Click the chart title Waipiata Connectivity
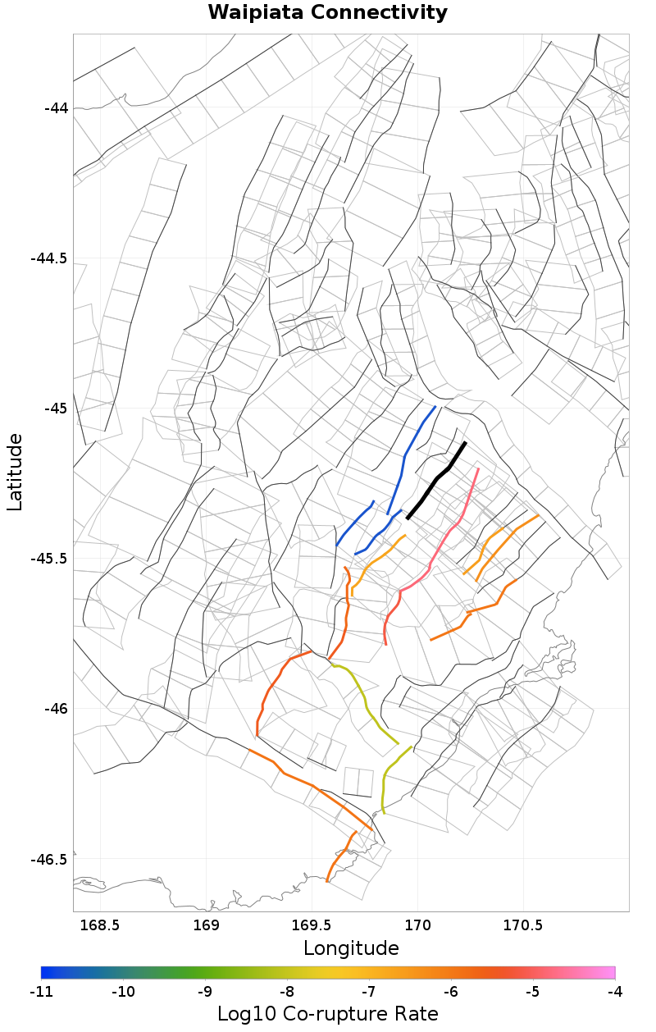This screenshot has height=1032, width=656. [327, 13]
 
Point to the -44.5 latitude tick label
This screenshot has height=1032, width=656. [49, 258]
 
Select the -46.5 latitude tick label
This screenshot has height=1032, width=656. [49, 859]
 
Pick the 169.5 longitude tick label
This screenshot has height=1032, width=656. [311, 925]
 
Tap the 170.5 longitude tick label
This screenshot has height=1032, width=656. [523, 925]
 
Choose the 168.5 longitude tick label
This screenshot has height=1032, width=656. [99, 925]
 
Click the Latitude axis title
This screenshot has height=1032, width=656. [16, 473]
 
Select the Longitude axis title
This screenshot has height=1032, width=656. [351, 949]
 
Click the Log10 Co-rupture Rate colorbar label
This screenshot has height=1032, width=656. [327, 1014]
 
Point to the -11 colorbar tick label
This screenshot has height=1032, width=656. [41, 992]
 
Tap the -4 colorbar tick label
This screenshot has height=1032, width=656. [614, 992]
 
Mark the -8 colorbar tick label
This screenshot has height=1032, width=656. [287, 992]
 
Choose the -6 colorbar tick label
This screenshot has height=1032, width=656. [451, 992]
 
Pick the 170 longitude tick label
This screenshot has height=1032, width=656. [417, 925]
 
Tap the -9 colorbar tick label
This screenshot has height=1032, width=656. [205, 992]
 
